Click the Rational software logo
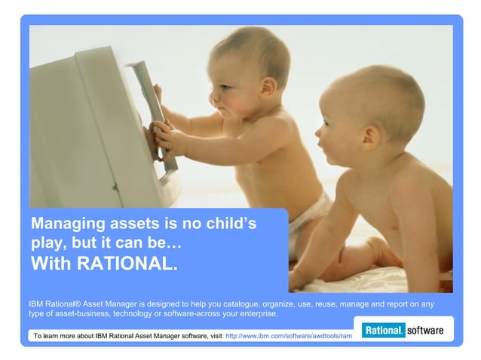403,331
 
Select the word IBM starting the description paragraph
38,304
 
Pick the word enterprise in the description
255,313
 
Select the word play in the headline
47,244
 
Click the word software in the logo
424,331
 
